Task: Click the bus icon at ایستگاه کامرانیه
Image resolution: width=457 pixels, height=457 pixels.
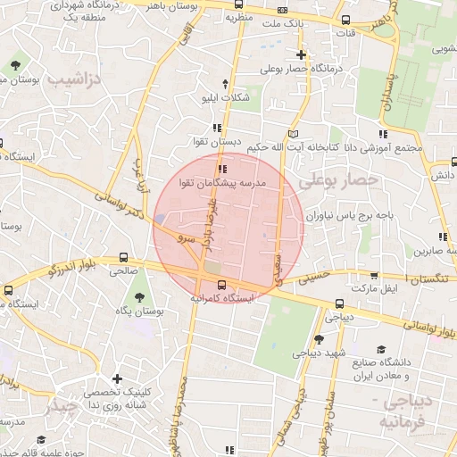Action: point(220,287)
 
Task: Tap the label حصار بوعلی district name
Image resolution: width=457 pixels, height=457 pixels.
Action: point(338,181)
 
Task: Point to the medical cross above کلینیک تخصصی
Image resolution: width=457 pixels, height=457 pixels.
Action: point(116,379)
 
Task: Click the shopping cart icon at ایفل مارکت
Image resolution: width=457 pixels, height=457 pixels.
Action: point(373,275)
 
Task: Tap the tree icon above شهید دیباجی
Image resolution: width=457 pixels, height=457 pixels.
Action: point(319,339)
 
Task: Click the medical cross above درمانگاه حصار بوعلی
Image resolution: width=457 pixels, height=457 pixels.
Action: point(302,54)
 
